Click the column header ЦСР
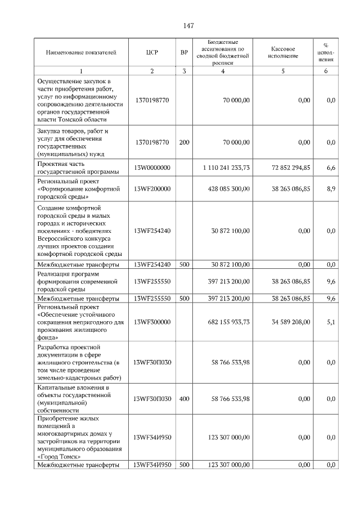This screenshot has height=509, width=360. [x=152, y=52]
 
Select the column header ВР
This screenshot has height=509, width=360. [x=184, y=52]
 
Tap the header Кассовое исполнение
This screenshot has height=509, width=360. [x=282, y=52]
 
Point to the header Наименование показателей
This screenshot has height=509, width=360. [x=81, y=52]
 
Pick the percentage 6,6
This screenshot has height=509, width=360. [x=331, y=168]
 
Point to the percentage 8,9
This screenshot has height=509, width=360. [x=331, y=190]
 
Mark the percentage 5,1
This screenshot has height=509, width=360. [x=331, y=322]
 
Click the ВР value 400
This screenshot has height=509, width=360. [x=184, y=399]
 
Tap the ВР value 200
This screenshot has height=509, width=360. [x=184, y=142]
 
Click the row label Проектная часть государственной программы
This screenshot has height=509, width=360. [x=78, y=168]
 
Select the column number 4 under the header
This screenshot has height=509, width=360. [x=223, y=71]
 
